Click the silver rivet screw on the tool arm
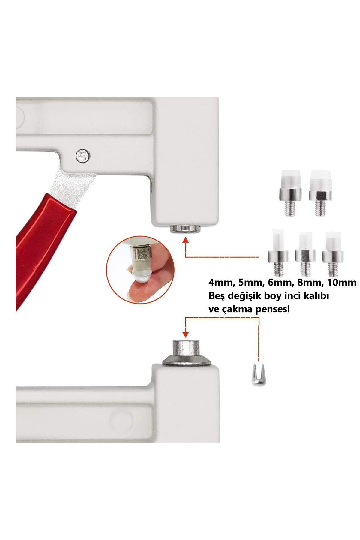[83, 156]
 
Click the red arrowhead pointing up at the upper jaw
[186, 240]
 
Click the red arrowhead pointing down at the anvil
[186, 334]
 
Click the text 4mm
[220, 283]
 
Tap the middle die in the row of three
[305, 254]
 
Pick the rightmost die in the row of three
[333, 254]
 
